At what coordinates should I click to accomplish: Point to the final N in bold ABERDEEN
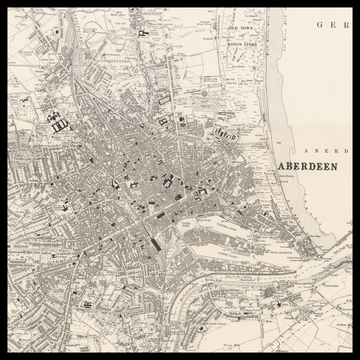(x=335, y=167)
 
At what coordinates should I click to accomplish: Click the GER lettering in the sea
(x=330, y=24)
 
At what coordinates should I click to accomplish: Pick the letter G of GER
(x=319, y=24)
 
